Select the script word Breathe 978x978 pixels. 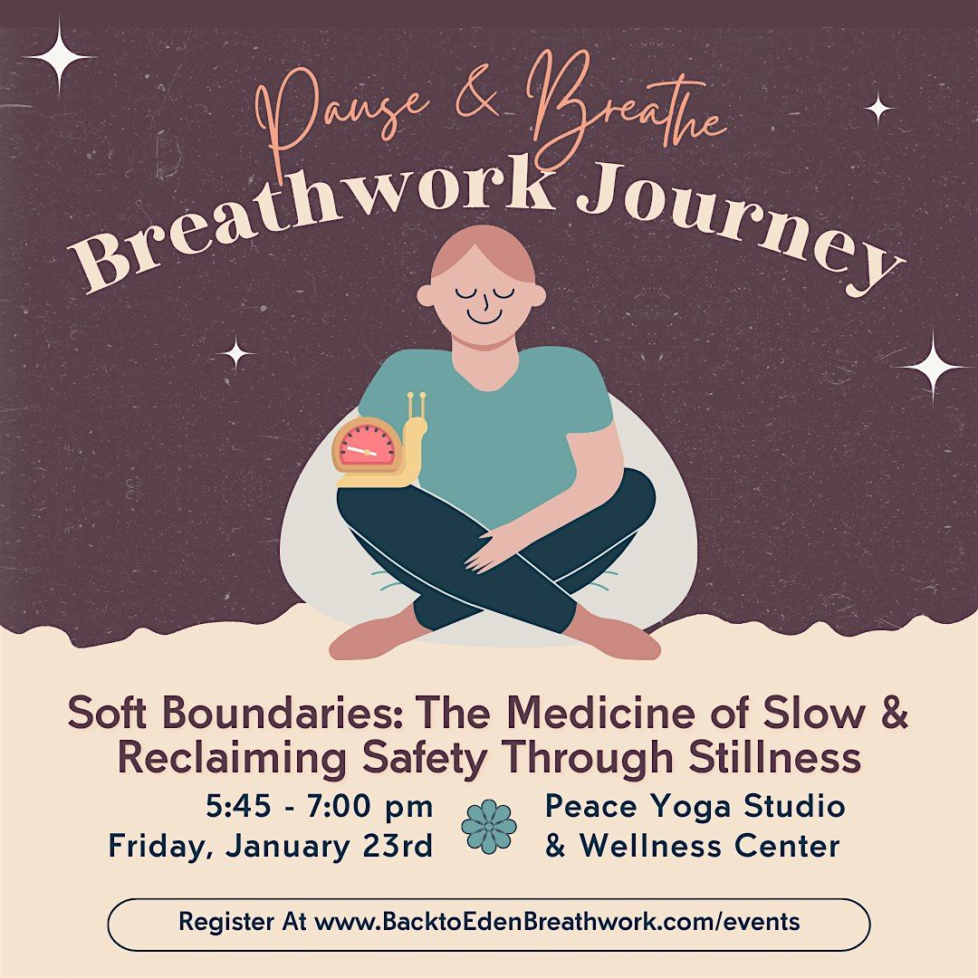click(x=625, y=113)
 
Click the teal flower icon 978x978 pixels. click(x=489, y=826)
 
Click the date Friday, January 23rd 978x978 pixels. click(x=271, y=846)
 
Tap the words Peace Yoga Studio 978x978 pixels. click(x=695, y=806)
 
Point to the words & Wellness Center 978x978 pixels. click(x=692, y=846)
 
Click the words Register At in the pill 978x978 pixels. click(x=242, y=923)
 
